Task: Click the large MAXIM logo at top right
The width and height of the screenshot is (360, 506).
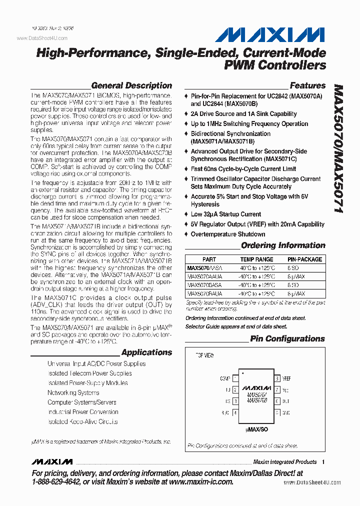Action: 270,35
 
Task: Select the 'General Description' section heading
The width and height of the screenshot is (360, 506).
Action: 131,85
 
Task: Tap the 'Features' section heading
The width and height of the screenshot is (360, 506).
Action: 307,85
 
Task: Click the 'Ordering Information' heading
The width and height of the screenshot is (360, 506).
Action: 283,245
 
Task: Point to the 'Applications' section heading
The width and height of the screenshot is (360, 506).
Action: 146,352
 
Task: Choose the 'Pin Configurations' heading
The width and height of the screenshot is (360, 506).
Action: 287,339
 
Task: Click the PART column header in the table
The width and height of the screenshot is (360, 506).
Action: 209,259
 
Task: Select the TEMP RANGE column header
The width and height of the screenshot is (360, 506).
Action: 256,259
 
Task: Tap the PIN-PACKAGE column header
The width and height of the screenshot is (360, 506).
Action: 304,259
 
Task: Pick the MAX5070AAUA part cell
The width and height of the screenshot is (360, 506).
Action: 205,276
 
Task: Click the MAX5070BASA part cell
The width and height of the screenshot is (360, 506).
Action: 204,285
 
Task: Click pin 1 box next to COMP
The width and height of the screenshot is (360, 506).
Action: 235,378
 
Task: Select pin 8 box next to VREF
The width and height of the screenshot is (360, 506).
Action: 276,378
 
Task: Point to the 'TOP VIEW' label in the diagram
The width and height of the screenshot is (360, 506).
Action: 204,355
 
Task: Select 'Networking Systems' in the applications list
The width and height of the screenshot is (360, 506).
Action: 73,393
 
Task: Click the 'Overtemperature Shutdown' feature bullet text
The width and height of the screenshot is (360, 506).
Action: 228,234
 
